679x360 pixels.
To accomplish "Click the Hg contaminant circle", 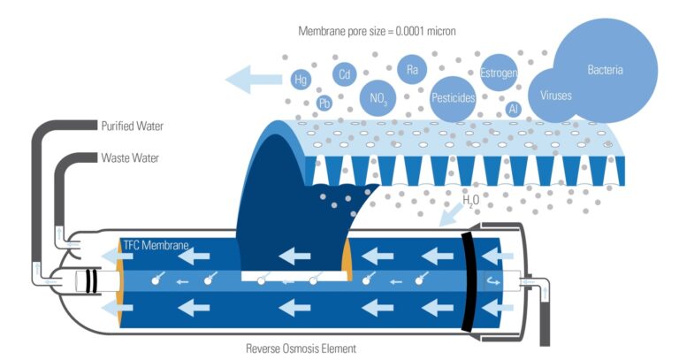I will click(301, 80).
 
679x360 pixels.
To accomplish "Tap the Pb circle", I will click(325, 103).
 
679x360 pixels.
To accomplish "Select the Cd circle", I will click(344, 74).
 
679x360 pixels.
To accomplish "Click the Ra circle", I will click(411, 69).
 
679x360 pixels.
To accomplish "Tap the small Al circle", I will click(514, 109).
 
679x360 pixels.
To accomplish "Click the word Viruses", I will click(556, 94).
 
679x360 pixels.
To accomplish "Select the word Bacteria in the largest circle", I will click(607, 68).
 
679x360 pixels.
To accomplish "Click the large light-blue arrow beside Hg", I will click(251, 80).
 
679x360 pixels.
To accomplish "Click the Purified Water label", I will click(132, 126).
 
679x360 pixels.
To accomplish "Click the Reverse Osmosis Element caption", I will click(301, 349).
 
